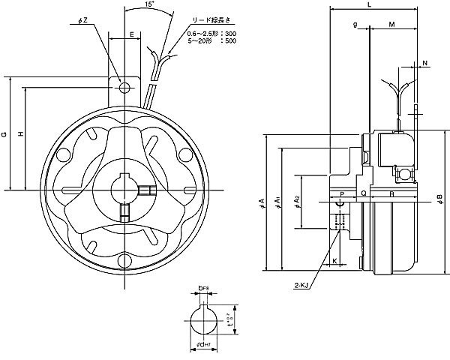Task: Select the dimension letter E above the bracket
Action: (132, 34)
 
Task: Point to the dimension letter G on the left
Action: (5, 134)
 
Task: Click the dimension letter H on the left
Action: (21, 134)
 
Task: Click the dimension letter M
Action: (393, 25)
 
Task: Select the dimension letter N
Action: (425, 62)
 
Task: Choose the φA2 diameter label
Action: (298, 201)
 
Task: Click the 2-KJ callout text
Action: (301, 285)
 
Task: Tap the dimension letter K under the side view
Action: (334, 262)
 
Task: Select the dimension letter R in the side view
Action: (392, 193)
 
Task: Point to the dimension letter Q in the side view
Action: (363, 193)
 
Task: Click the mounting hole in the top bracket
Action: (124, 87)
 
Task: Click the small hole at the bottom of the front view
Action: (124, 259)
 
